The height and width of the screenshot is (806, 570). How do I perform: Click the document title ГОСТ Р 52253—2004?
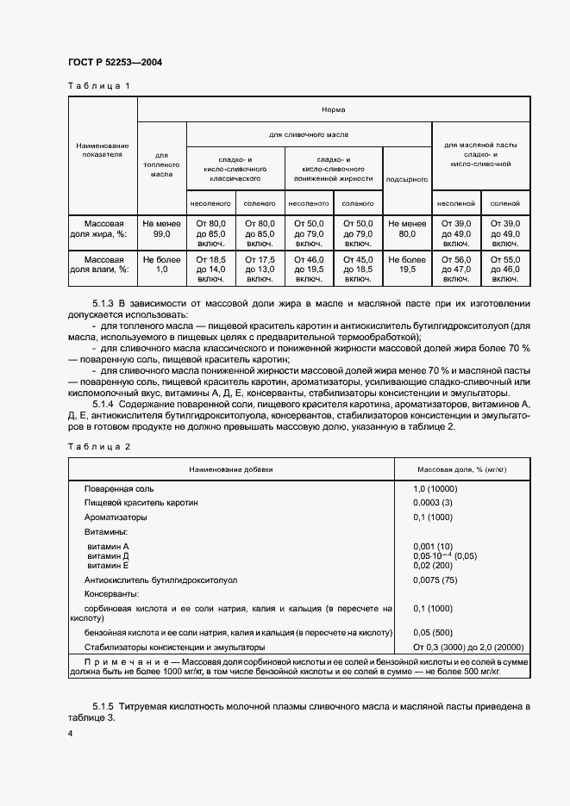click(x=114, y=63)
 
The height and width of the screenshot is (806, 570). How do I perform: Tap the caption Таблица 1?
click(x=98, y=86)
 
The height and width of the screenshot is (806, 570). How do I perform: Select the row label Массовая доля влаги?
click(x=103, y=264)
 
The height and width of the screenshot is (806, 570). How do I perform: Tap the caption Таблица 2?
click(x=98, y=446)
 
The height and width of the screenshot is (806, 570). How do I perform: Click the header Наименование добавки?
click(x=230, y=470)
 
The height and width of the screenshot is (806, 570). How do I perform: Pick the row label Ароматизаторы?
click(x=116, y=518)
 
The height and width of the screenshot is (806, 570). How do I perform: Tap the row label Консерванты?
click(x=111, y=594)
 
